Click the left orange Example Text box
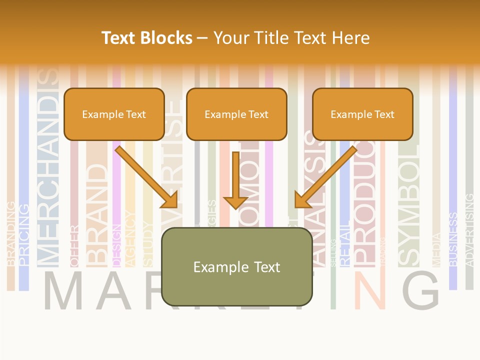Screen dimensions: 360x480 [x=114, y=114]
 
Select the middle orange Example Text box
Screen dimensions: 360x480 [x=236, y=114]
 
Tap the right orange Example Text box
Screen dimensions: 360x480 [x=362, y=114]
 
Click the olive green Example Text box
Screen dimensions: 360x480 [x=236, y=267]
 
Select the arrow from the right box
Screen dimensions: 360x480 [x=325, y=177]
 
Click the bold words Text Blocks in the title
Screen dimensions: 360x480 [x=147, y=38]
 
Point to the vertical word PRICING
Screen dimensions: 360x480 [x=23, y=234]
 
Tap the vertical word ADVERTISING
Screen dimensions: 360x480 [x=469, y=230]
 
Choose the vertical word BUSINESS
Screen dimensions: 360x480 [x=453, y=239]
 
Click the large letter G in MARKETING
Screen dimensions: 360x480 [x=420, y=290]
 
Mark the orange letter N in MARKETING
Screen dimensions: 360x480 [x=369, y=291]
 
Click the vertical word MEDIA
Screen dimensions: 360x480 [x=436, y=249]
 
